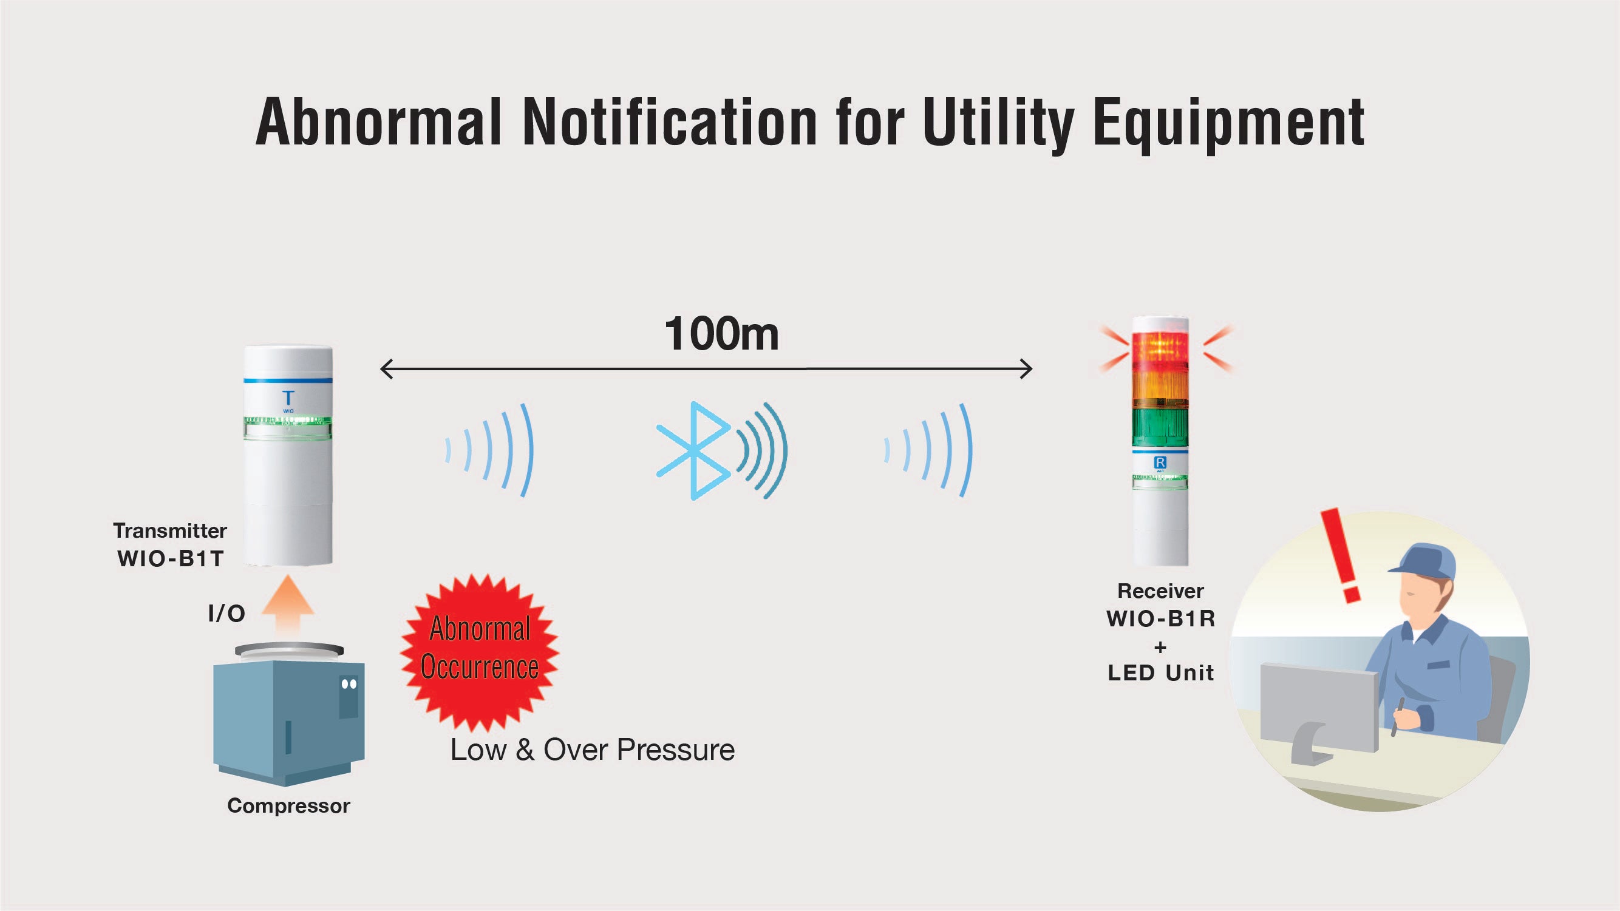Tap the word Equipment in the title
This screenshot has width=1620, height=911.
click(1228, 123)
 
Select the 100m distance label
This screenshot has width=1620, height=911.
click(721, 334)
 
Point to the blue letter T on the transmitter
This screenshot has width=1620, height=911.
click(288, 398)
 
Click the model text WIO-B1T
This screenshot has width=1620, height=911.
click(171, 558)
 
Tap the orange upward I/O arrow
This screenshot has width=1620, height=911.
click(287, 605)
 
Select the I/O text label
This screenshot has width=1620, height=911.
click(226, 613)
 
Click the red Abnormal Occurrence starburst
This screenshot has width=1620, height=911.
click(479, 648)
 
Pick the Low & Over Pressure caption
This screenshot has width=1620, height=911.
click(593, 750)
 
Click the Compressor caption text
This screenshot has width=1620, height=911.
click(288, 805)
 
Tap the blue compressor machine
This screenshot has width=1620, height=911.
click(288, 717)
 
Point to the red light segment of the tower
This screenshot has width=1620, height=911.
click(1160, 349)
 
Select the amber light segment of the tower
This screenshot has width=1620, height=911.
click(1160, 388)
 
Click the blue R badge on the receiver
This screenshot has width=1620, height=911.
click(1160, 462)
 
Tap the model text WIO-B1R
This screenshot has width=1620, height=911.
click(1160, 618)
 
